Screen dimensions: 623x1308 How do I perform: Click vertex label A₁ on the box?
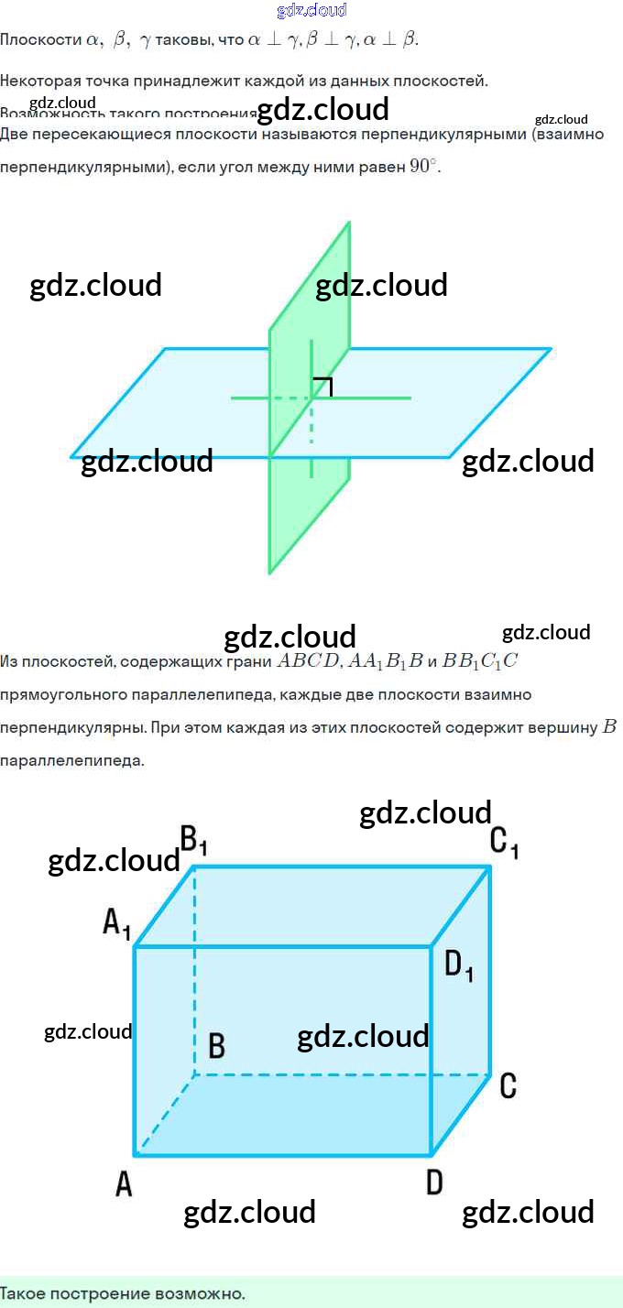point(116,923)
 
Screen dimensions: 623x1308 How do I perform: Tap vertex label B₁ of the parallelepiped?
point(194,839)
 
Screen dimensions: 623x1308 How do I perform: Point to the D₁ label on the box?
point(459,965)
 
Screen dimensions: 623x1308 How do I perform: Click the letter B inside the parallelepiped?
point(217,1045)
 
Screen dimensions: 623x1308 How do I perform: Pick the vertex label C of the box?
point(508,1085)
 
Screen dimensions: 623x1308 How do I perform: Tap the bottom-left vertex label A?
point(124,1184)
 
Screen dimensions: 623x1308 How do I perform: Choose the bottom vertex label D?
point(434,1183)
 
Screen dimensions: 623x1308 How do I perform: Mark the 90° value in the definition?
point(424,168)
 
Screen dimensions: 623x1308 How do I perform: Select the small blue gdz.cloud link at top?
point(311,11)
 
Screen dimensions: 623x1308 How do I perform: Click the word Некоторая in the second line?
point(38,81)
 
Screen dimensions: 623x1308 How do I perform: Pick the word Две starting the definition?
point(15,135)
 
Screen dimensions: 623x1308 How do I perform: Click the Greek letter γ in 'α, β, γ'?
point(144,41)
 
